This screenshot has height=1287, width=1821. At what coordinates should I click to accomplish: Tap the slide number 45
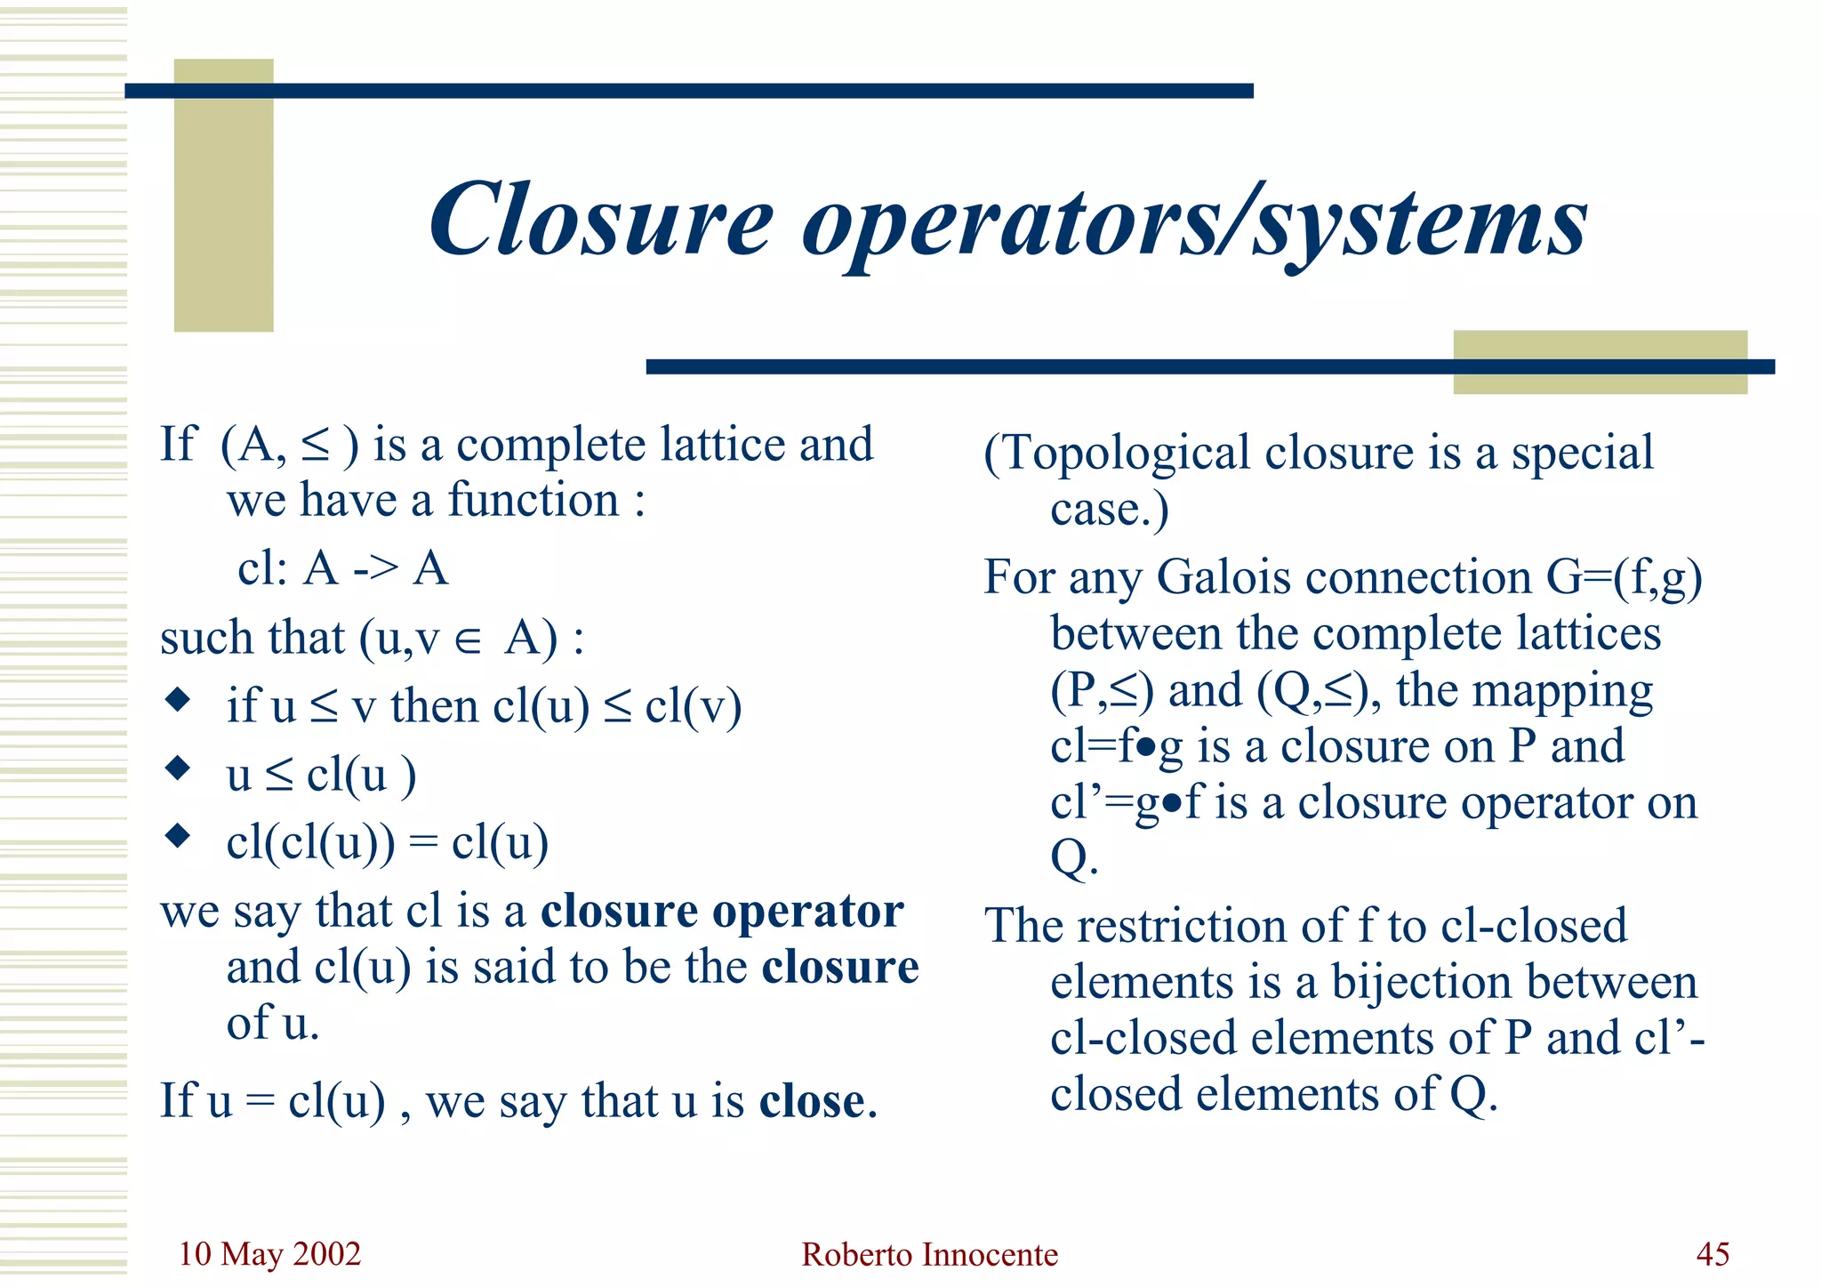[1713, 1254]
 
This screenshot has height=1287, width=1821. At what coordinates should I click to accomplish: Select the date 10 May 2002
[269, 1254]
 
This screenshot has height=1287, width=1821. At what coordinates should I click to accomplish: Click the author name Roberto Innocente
[929, 1254]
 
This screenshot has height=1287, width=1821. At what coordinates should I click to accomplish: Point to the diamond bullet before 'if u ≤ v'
[179, 699]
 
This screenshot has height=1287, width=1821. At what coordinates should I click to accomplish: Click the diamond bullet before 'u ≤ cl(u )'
[179, 768]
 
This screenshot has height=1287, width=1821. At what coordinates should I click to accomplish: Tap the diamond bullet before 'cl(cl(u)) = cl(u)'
[179, 836]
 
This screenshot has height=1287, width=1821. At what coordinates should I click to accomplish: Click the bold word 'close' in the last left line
[812, 1101]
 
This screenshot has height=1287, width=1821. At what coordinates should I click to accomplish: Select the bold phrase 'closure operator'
[722, 912]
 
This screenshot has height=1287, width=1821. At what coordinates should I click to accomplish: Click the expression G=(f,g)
[1624, 577]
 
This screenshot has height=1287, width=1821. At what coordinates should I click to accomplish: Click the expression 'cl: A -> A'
[342, 568]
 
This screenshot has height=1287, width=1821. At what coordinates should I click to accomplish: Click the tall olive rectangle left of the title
[223, 196]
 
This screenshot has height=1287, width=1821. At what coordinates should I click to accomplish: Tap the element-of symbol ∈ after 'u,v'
[468, 640]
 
